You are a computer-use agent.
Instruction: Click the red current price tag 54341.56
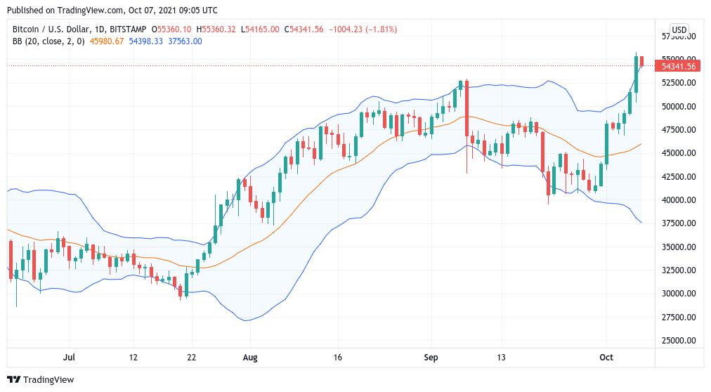pos(679,66)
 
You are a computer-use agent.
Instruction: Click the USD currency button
pos(679,30)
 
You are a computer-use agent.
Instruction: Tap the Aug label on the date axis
pos(249,358)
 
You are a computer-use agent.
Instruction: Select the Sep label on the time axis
pos(431,358)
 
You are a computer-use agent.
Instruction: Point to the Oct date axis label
pos(606,358)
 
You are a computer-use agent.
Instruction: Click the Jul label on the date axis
pos(69,358)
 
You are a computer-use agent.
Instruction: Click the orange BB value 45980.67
pos(107,41)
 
